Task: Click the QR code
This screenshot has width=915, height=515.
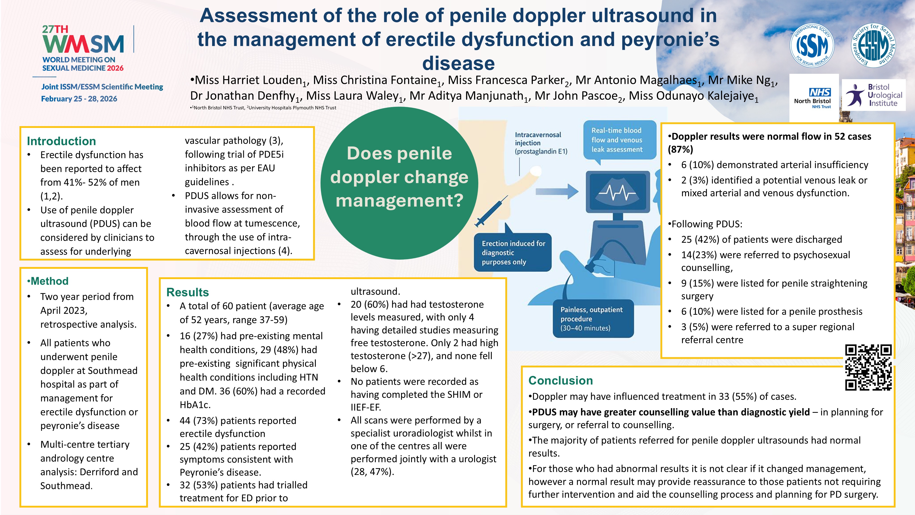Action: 868,367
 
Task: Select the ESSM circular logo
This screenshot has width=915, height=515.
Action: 874,45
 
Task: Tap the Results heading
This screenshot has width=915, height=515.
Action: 188,292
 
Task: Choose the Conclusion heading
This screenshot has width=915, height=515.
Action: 561,380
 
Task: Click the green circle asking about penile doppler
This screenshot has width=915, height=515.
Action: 399,183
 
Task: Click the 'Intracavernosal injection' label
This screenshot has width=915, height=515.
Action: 541,143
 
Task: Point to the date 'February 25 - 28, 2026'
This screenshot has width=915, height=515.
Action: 79,99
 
